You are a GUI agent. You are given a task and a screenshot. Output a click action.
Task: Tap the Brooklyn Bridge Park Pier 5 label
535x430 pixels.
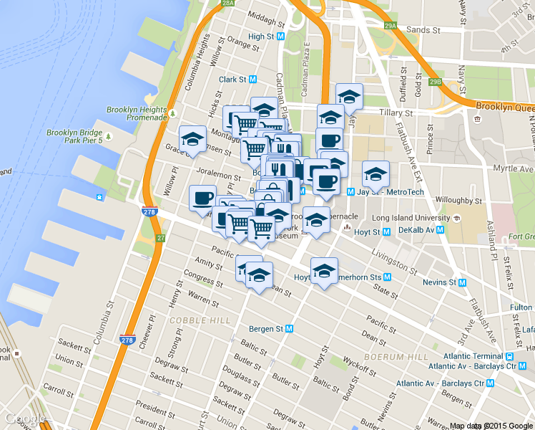(x=75, y=136)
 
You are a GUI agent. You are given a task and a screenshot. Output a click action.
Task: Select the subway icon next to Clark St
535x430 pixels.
(x=253, y=80)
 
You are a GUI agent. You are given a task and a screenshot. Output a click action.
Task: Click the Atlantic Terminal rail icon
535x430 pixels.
(x=509, y=356)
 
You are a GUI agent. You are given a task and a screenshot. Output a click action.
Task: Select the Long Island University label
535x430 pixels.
(x=411, y=217)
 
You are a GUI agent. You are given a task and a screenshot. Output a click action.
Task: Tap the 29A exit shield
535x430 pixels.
(x=390, y=26)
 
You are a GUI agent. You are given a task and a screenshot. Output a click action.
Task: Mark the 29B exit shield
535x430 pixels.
(x=436, y=82)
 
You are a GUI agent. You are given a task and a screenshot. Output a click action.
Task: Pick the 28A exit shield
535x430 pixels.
(x=227, y=4)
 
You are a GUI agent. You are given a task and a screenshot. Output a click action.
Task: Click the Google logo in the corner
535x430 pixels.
(x=25, y=419)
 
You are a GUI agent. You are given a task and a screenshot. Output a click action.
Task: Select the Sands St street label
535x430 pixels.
(x=423, y=30)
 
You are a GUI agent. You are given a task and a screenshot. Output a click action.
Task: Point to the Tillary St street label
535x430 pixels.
(x=397, y=113)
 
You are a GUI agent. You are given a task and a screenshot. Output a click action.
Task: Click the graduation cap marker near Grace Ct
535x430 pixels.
(x=192, y=139)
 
